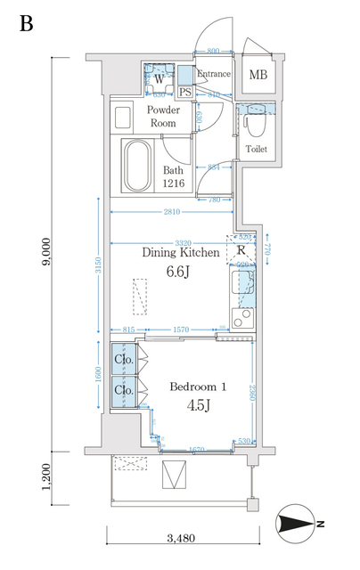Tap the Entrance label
(x=214, y=74)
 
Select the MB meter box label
(x=258, y=75)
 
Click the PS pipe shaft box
(x=184, y=91)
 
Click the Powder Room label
(x=163, y=117)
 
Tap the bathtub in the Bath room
(x=136, y=166)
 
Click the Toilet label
(x=256, y=150)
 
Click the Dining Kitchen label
(x=181, y=253)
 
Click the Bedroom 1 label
(x=199, y=387)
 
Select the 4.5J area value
(x=198, y=407)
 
